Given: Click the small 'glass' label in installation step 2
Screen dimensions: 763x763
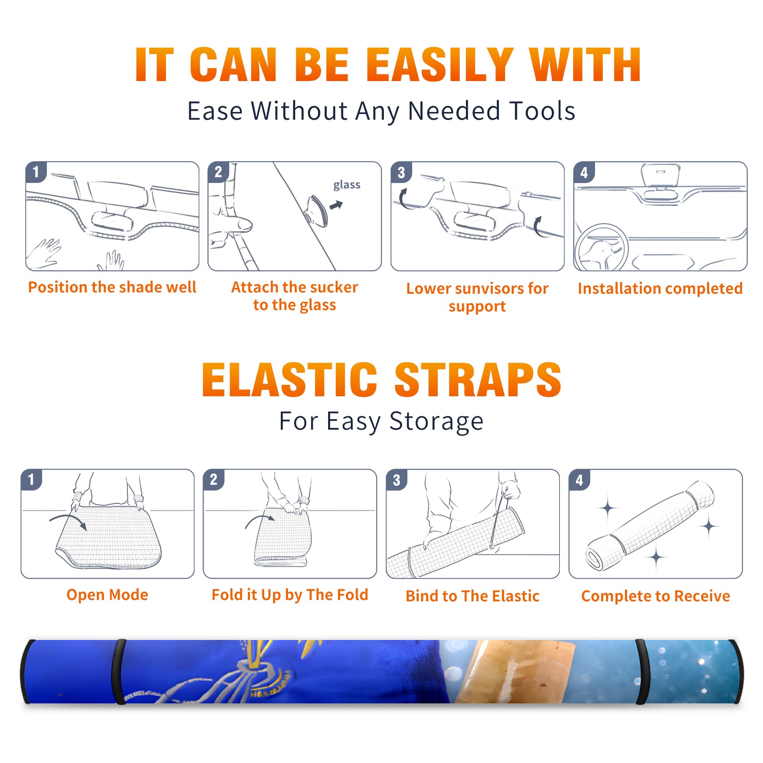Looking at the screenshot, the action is [347, 185].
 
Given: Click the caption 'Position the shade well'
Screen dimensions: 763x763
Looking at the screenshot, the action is [112, 287].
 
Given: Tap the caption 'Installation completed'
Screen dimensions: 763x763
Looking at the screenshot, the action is [660, 289].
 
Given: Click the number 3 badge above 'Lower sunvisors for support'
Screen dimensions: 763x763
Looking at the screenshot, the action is [401, 172].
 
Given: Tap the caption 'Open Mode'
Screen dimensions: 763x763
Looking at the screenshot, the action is [107, 595].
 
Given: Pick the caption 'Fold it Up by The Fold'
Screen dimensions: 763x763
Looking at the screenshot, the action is [290, 595].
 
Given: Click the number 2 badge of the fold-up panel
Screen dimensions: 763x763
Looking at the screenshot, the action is [213, 480].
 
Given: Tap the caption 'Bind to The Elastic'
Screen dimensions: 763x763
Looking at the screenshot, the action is [473, 596].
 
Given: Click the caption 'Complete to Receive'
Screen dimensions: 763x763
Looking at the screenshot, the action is [656, 596].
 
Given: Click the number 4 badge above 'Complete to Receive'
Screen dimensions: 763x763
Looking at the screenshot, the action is [579, 480].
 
